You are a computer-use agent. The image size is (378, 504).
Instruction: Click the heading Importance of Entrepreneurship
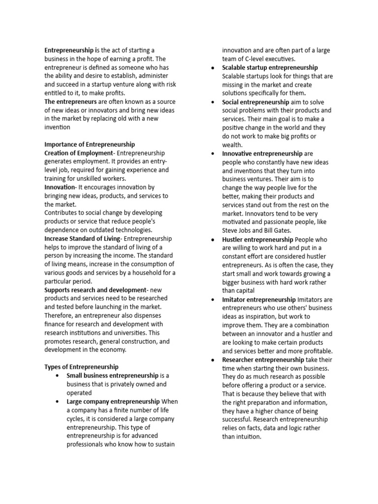coord(89,145)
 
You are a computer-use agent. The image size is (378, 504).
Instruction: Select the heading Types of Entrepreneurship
coord(81,367)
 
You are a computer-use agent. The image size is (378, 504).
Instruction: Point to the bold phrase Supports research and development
coord(95,290)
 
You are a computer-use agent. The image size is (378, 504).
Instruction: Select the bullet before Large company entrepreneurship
coord(58,402)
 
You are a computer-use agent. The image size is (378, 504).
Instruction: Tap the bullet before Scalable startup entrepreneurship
coord(212,68)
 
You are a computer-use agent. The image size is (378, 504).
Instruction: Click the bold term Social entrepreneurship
coord(255,102)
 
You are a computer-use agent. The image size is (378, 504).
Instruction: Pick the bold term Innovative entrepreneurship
coord(262,154)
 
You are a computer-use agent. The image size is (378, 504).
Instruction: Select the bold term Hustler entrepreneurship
coord(257,239)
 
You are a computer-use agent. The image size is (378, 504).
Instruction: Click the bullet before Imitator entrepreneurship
coord(212,299)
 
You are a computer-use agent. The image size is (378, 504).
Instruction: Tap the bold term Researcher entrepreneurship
coord(263,360)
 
